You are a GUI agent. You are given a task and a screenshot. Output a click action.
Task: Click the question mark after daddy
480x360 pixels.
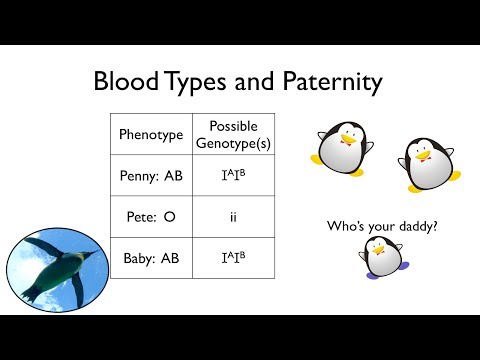[439, 226]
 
